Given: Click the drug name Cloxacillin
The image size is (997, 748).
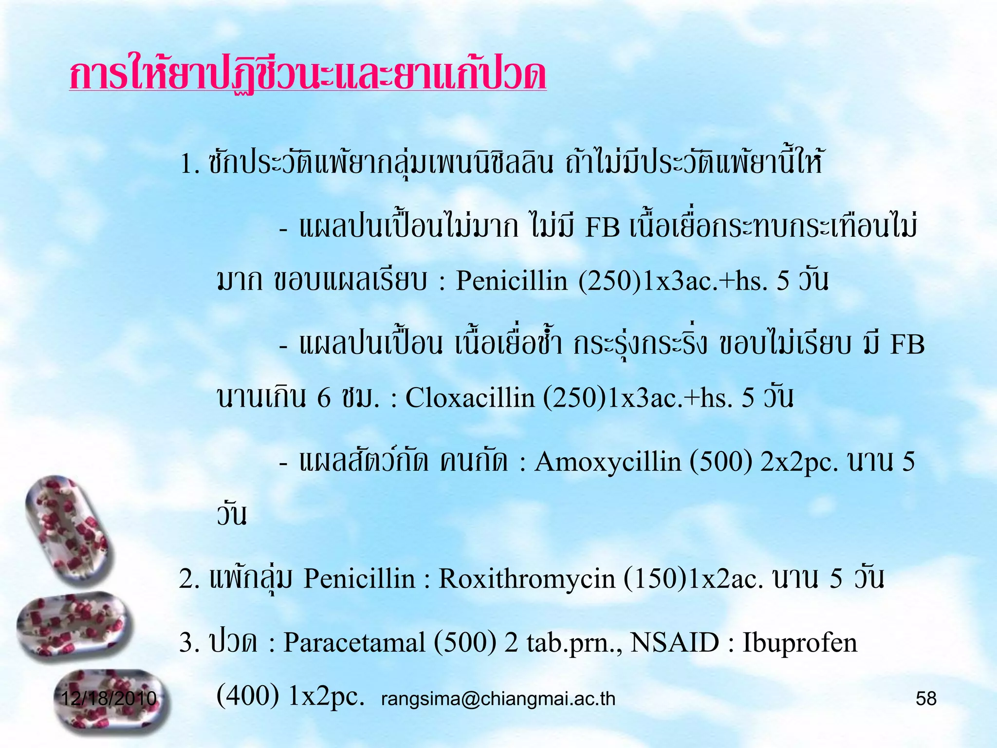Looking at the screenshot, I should pos(470,398).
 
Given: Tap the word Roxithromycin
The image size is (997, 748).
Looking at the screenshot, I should pos(527,579).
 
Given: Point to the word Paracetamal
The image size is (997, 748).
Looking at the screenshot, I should pos(354,642).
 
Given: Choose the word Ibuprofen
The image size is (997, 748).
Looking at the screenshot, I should pos(799,642).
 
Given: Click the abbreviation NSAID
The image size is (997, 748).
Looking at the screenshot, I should pos(674,642).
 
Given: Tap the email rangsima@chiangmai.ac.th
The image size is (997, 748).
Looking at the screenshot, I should pos(498,699).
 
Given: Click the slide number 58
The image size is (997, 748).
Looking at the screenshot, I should pos(926,699).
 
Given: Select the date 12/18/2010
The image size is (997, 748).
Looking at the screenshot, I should pos(109,698).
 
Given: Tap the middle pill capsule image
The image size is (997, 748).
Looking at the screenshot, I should pos(73,626).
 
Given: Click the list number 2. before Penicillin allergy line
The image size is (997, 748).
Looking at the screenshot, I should pos(189,579).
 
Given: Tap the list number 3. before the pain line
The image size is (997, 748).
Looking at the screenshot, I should pos(189,642).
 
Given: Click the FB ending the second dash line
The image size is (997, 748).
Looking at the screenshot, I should pos(907,344).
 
